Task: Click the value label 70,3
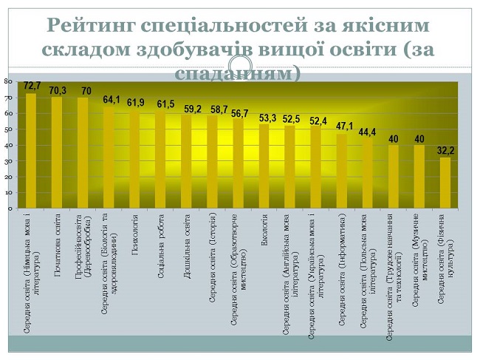pyautogui.click(x=58, y=90)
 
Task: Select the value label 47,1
pyautogui.click(x=343, y=126)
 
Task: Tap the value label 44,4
pyautogui.click(x=368, y=132)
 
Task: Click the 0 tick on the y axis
pyautogui.click(x=9, y=208)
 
